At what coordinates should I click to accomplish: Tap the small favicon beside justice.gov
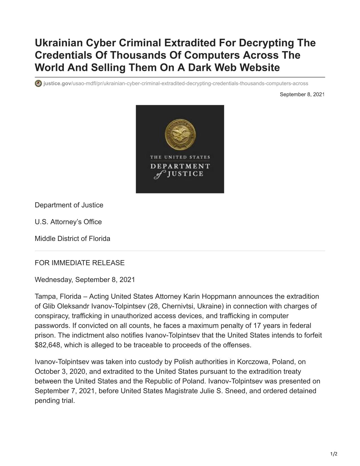coord(38,84)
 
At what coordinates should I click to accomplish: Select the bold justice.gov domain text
coord(57,84)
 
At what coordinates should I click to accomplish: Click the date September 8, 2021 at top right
coord(302,94)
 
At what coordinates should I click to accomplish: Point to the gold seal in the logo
coord(180,134)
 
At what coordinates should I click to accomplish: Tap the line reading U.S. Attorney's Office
coord(68,222)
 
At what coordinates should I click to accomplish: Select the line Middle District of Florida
coord(72,239)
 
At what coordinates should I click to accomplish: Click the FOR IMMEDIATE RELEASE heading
coord(79,263)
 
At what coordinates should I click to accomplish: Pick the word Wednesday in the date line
coord(54,280)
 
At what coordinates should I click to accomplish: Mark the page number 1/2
coord(334,454)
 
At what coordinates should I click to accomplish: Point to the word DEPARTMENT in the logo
coord(180,166)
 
